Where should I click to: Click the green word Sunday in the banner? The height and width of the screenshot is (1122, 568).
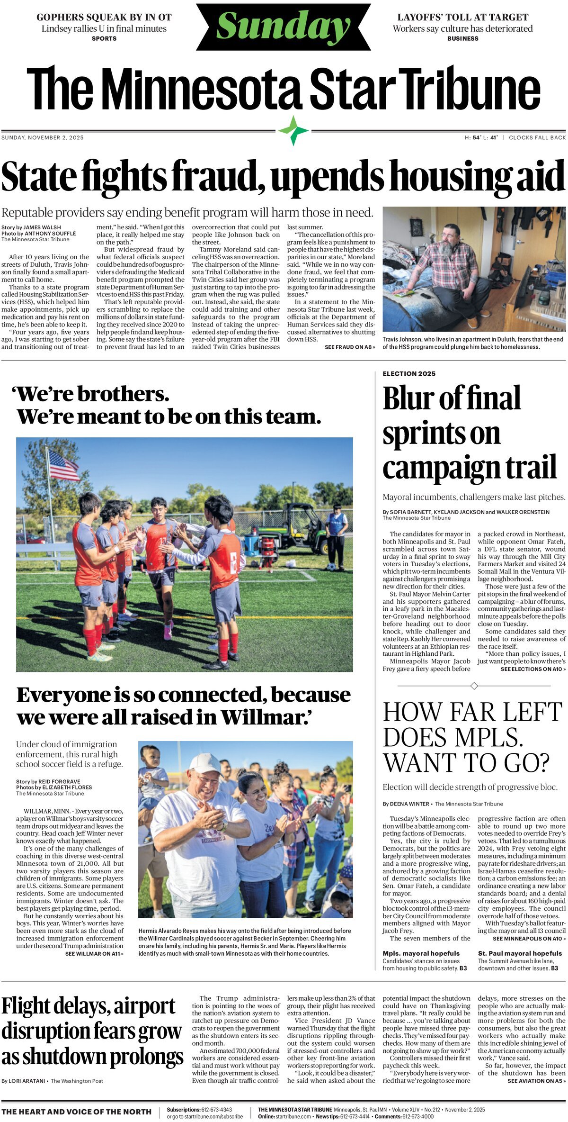click(283, 26)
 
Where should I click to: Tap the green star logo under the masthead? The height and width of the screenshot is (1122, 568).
click(293, 130)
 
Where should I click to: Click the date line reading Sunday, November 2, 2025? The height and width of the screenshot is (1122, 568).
click(43, 138)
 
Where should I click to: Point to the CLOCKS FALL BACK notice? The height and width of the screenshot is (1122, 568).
click(537, 138)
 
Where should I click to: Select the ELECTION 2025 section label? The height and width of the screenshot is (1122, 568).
click(409, 374)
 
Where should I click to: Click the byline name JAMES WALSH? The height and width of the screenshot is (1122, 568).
click(42, 227)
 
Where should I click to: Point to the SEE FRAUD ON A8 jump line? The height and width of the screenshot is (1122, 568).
click(350, 347)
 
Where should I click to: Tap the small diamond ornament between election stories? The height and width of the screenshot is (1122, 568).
click(474, 686)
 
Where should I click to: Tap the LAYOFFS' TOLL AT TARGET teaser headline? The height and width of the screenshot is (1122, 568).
click(462, 18)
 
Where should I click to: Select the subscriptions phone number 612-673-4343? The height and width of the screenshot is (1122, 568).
click(216, 1110)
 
